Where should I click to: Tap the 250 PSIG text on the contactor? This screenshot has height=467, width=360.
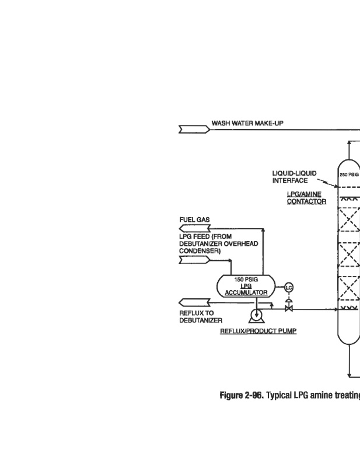349,174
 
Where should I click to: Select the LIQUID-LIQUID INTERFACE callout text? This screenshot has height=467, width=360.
294,177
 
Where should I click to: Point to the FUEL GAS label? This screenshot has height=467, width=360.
194,219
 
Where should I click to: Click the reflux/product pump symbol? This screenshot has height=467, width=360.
256,316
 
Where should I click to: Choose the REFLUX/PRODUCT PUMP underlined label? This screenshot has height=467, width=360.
258,331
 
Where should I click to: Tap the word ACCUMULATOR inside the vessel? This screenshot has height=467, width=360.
246,292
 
